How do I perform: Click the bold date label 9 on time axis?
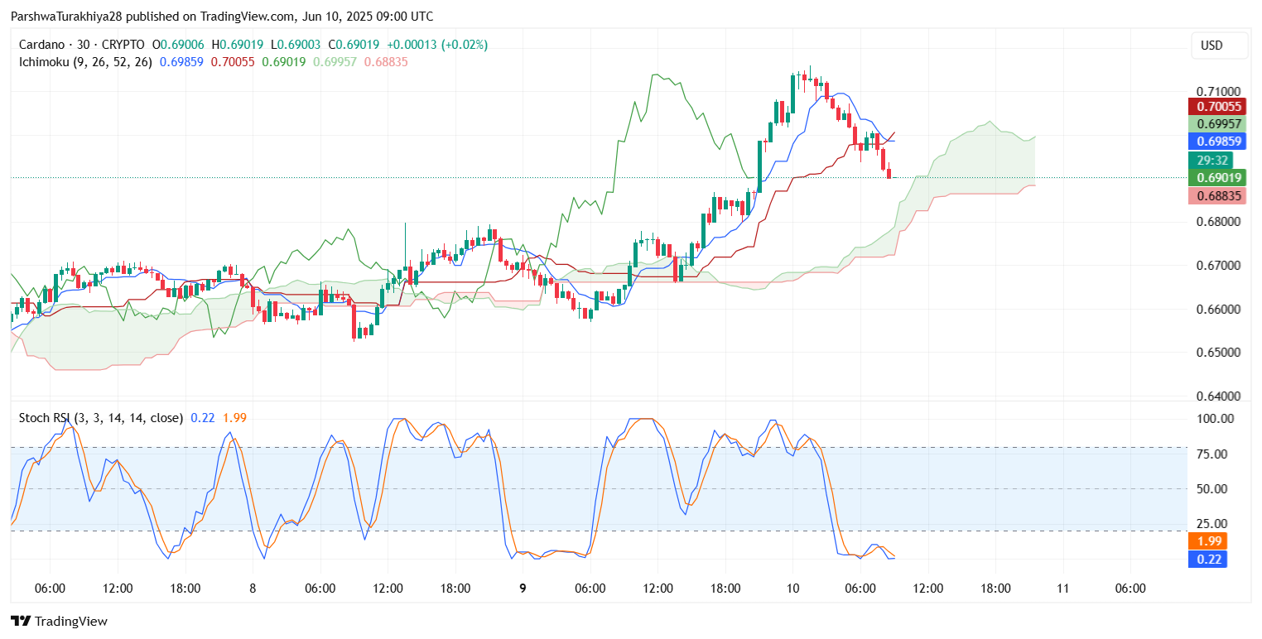523,589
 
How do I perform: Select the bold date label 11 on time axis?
1063,589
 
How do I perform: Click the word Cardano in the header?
39,45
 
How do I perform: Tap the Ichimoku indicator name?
45,62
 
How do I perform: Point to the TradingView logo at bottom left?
59,621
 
